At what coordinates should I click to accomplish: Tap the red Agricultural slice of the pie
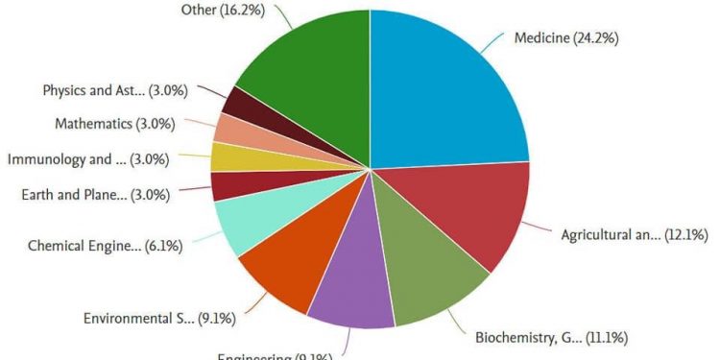(470, 216)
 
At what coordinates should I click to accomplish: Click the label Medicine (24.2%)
(566, 39)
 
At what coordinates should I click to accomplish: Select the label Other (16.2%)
(228, 10)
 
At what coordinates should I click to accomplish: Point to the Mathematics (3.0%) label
(111, 124)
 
